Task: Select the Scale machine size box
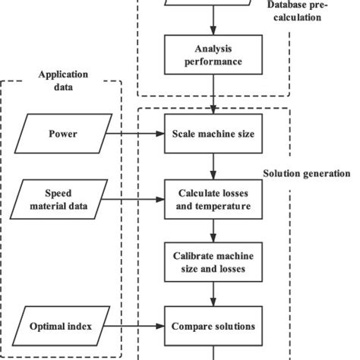214,135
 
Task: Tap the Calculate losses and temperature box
214,199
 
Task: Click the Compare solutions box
214,327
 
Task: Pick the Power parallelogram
63,135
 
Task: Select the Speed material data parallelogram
63,199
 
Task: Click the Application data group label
63,81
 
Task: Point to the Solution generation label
307,174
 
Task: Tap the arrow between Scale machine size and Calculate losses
214,166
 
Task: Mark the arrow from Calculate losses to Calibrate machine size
214,231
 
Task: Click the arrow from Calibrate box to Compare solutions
214,295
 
